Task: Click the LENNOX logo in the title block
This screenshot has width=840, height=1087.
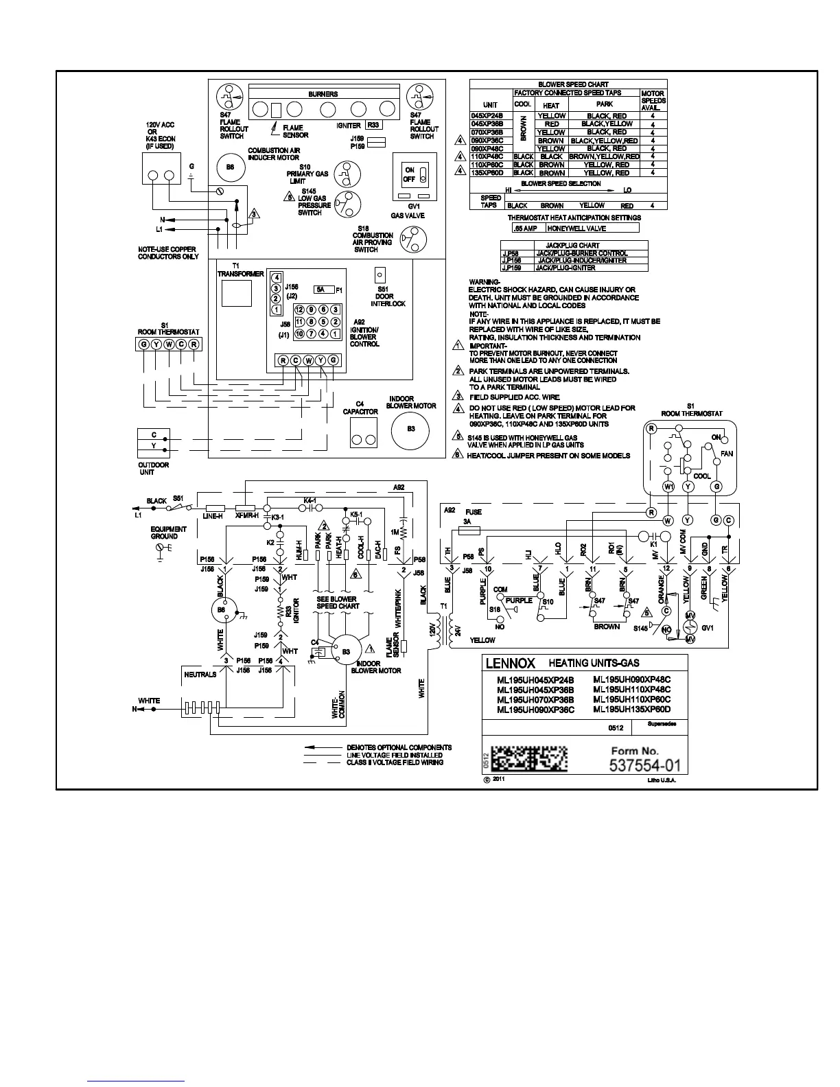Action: click(x=511, y=664)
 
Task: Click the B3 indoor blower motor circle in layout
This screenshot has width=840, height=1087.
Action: click(x=410, y=430)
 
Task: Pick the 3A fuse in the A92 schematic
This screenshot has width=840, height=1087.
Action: click(x=469, y=530)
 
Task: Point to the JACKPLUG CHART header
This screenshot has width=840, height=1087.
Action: click(x=572, y=245)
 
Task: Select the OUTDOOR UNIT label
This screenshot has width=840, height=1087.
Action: click(x=153, y=469)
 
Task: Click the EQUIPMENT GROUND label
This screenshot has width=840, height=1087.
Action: click(x=168, y=533)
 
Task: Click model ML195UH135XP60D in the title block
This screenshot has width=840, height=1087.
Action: click(x=631, y=710)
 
